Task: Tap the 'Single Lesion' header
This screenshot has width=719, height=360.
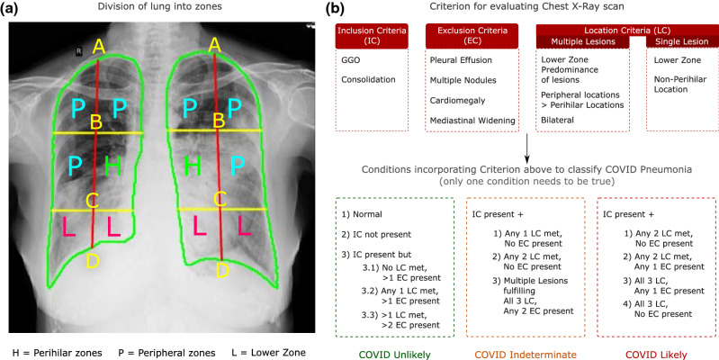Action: pyautogui.click(x=678, y=41)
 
